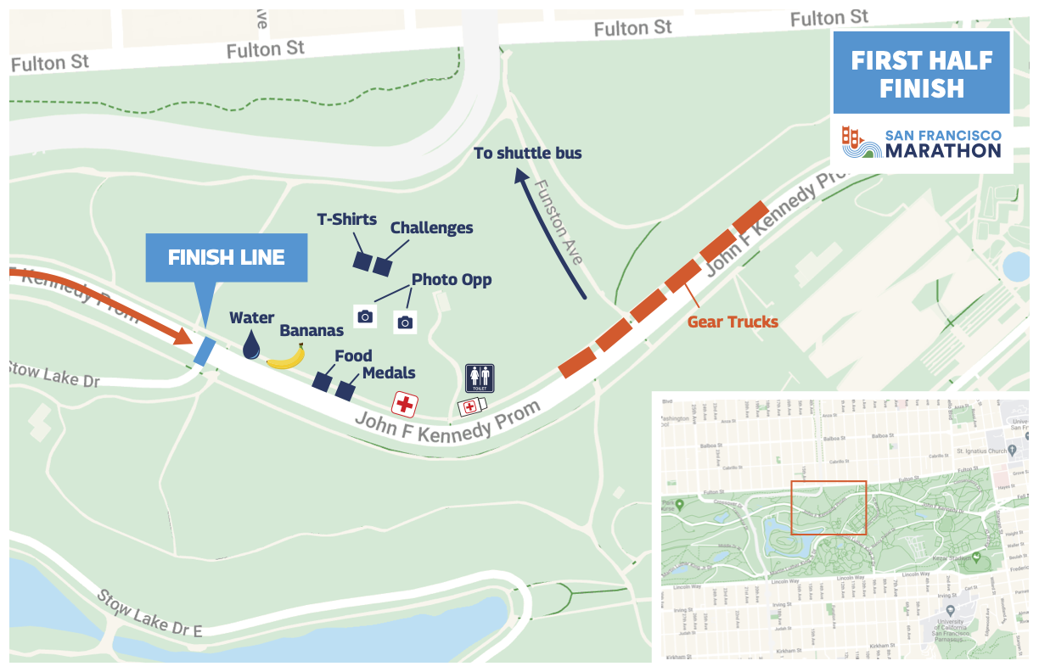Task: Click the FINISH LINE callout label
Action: point(226,258)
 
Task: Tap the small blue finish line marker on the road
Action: point(204,351)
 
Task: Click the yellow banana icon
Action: point(286,357)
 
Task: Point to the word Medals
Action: point(389,373)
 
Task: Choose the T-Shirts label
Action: point(346,219)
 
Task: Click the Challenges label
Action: point(431,227)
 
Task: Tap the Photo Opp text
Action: point(452,279)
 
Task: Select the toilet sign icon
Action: point(480,378)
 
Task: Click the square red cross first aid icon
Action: point(404,404)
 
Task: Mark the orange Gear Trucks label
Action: point(732,322)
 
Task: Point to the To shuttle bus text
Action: point(527,153)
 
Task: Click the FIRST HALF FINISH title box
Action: point(921,74)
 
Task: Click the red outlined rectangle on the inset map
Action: point(828,508)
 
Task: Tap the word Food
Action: point(353,356)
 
